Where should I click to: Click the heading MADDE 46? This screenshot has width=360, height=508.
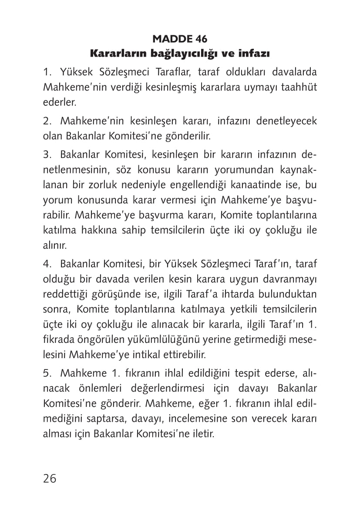click(x=180, y=39)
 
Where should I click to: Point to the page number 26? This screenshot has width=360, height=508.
click(x=50, y=478)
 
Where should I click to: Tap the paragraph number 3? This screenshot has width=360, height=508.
click(x=46, y=154)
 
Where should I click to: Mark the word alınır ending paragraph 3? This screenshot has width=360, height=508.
click(x=54, y=245)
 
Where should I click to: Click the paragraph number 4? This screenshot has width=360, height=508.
click(x=46, y=264)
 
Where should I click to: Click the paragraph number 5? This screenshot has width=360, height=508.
click(x=46, y=373)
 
